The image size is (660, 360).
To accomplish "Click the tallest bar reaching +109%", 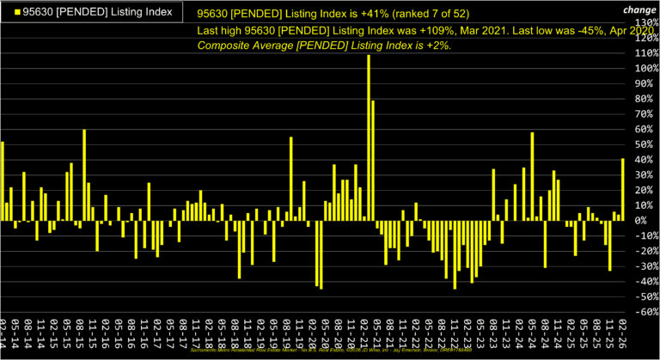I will click(369, 137).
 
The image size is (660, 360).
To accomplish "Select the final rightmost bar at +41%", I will click(623, 189).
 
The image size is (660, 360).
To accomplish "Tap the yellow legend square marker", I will click(9, 12).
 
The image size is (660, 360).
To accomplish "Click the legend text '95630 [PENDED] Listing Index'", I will click(95, 12).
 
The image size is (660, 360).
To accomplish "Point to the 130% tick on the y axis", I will click(644, 22).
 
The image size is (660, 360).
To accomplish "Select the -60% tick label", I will click(645, 312).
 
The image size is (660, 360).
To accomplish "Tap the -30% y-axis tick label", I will click(645, 266).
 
